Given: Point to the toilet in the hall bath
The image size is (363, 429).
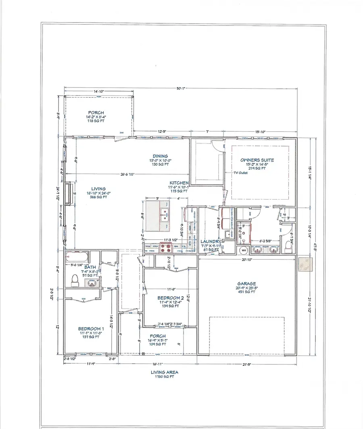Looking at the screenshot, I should tap(75, 279).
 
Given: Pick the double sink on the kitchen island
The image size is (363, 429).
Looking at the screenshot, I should tap(165, 216).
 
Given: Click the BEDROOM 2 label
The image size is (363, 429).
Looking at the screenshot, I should tap(170, 298).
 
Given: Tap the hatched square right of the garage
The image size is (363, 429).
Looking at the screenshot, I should tap(305, 265).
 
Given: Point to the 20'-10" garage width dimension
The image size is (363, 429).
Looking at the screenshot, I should tap(247, 260).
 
